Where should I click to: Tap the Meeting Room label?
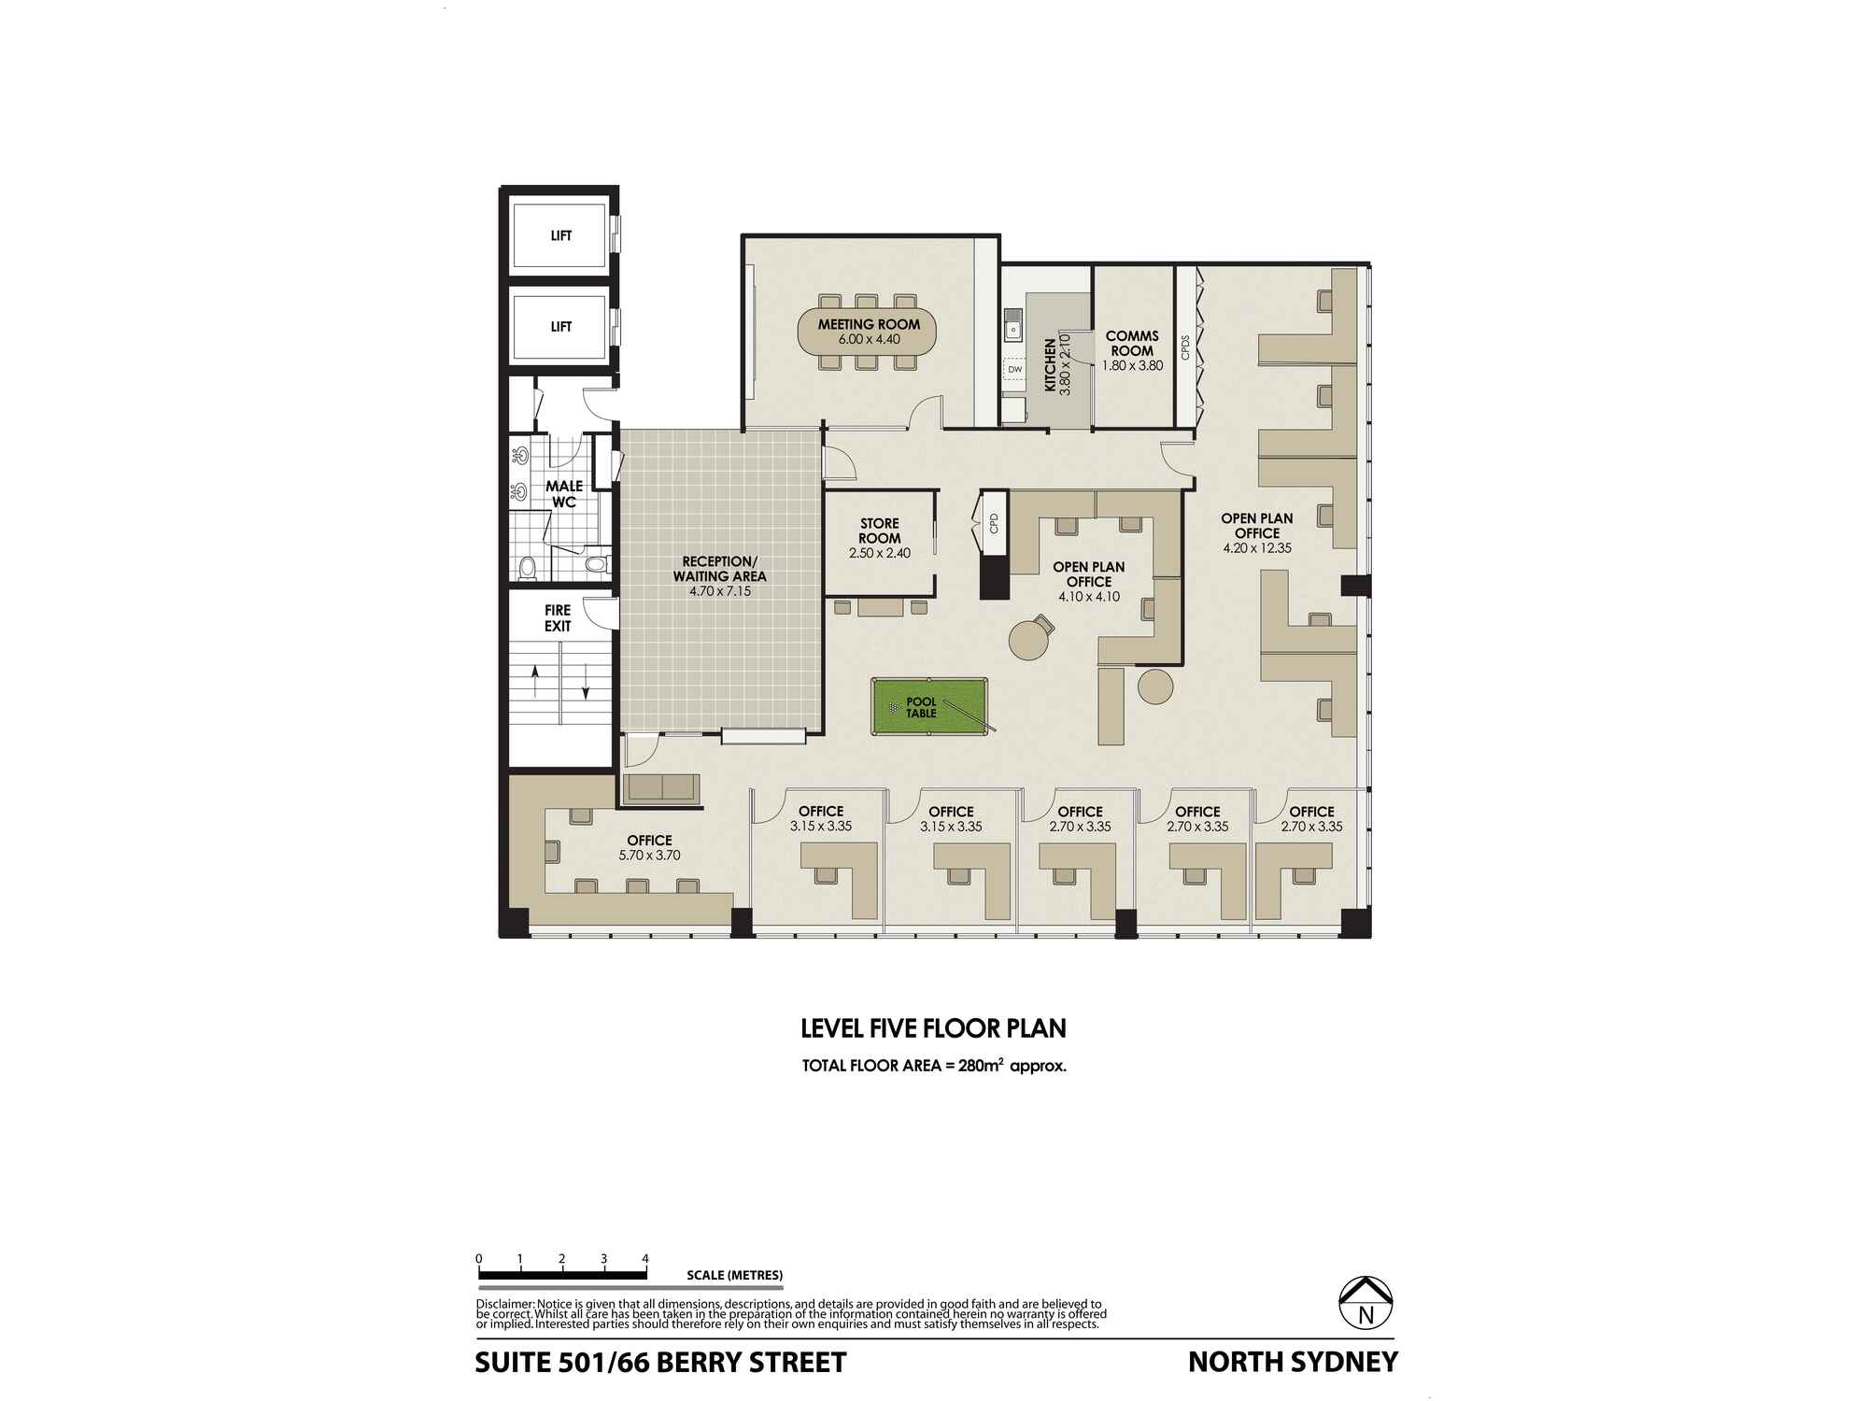tap(869, 324)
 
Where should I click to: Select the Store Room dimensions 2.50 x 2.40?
tap(879, 553)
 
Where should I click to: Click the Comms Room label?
tap(1132, 343)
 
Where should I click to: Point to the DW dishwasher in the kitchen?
tap(1014, 370)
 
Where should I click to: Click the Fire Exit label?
tap(558, 617)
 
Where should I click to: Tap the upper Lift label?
tap(560, 235)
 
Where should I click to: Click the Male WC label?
tap(563, 493)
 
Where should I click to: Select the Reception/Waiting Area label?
tap(719, 568)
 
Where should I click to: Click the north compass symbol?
tap(1366, 1302)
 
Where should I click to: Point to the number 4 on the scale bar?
tap(645, 1258)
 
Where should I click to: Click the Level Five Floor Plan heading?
tap(933, 1028)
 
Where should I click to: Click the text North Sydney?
tap(1293, 1362)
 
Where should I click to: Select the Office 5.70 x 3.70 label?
tap(649, 847)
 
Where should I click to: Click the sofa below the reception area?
tap(662, 787)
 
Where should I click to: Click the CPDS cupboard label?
tap(1185, 348)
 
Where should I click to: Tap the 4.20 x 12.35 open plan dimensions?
tap(1257, 548)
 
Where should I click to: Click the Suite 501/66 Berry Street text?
tap(660, 1363)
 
